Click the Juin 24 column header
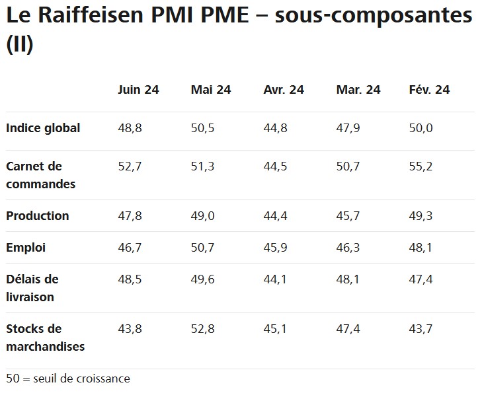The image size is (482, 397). point(138,90)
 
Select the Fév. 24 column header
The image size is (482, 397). point(429,90)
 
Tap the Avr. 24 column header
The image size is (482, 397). point(284,90)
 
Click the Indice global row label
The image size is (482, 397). point(43,128)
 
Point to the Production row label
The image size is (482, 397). point(38,216)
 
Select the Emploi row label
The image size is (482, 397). point(26,248)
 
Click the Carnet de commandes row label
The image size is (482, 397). point(40,175)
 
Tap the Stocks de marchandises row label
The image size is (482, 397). point(45,337)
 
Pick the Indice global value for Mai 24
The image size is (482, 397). point(202,128)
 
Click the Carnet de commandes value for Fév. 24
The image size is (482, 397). point(421,166)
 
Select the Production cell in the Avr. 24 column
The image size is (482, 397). point(275,216)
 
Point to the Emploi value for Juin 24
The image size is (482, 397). point(130,248)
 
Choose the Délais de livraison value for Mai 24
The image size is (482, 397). point(202,279)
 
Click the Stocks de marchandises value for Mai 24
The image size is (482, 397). point(202,328)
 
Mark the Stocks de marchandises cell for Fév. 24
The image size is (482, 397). point(421,328)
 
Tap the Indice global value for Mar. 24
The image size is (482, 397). point(348,128)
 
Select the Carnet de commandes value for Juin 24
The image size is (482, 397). point(130,166)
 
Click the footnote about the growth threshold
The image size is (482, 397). point(68,379)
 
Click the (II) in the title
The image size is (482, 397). point(19,44)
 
